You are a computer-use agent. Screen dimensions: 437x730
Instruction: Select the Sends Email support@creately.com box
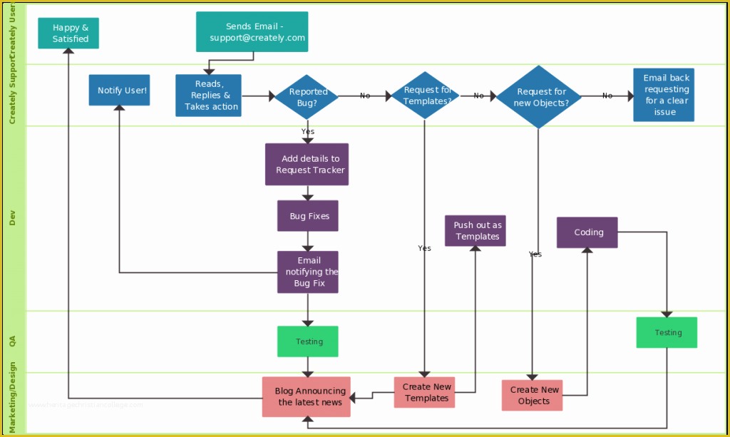[x=252, y=32]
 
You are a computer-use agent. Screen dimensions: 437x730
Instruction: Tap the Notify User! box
[x=120, y=90]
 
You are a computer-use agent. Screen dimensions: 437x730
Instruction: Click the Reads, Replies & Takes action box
[x=208, y=96]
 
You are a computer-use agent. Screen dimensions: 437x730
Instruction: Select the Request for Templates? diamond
[x=426, y=96]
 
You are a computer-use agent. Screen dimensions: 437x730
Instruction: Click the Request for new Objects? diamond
[x=539, y=97]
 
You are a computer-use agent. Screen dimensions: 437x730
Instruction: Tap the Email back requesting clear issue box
[x=664, y=95]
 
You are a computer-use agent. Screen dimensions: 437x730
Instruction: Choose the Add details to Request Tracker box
[x=307, y=165]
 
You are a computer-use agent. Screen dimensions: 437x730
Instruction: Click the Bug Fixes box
[x=308, y=216]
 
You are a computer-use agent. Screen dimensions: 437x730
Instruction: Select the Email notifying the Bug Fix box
[x=308, y=272]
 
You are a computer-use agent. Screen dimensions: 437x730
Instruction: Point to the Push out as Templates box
[x=475, y=231]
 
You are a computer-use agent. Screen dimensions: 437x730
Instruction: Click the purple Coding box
[x=587, y=232]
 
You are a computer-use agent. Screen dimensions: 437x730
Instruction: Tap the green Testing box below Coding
[x=667, y=332]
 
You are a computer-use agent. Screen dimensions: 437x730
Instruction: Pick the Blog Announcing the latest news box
[x=307, y=396]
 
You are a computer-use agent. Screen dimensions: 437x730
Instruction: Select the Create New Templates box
[x=425, y=392]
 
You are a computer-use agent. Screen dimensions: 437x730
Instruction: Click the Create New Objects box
[x=532, y=395]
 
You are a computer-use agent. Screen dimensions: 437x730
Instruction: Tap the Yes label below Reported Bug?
[x=307, y=131]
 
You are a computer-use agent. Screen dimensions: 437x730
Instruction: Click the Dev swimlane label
[x=12, y=217]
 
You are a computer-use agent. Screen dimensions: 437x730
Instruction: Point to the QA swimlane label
[x=12, y=341]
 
